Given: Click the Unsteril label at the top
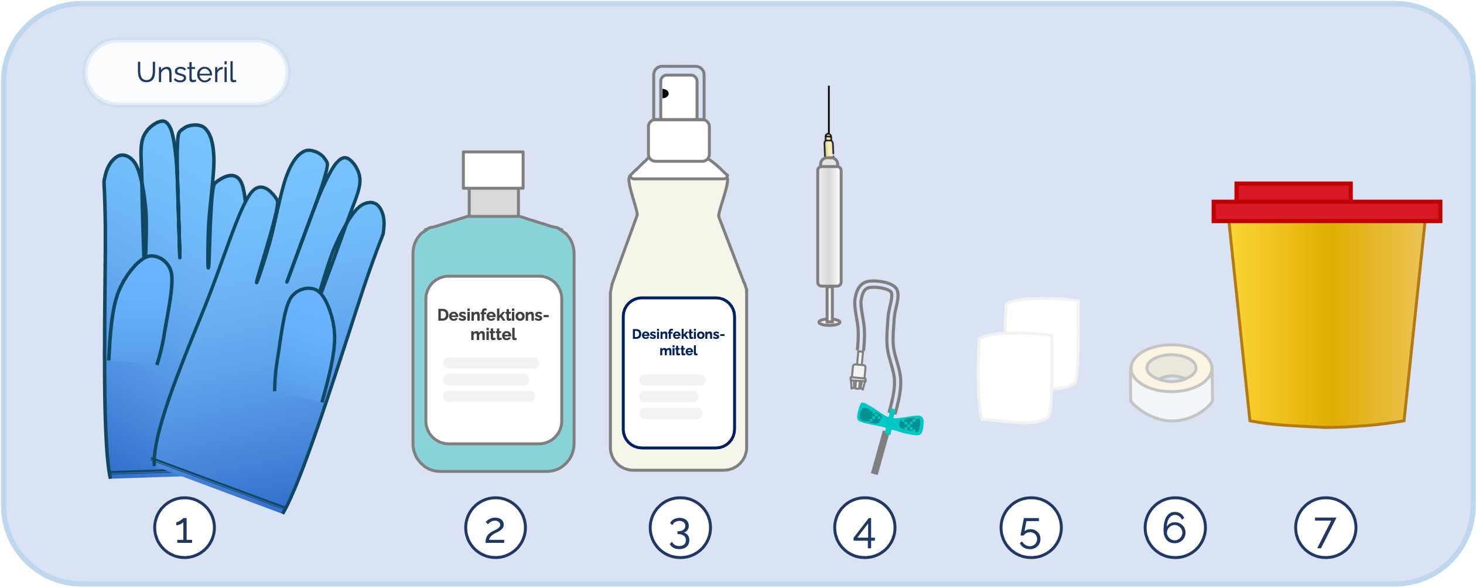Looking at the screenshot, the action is click(186, 73).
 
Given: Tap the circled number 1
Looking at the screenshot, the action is click(184, 528).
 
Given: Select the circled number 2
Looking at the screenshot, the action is click(496, 528).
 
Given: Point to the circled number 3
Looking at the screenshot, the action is click(680, 528).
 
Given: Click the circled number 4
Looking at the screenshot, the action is click(865, 528).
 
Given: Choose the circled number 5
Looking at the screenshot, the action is click(1031, 528).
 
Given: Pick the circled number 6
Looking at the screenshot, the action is click(1175, 528).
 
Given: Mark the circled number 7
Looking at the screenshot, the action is click(1325, 528).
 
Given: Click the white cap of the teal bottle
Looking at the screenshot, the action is click(493, 170).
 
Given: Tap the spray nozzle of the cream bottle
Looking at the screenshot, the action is click(679, 94).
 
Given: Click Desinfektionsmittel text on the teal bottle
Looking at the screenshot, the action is click(493, 324).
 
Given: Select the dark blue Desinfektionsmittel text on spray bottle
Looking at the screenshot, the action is click(678, 342).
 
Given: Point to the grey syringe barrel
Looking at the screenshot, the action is click(829, 226).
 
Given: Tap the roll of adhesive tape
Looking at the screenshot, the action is click(1171, 382).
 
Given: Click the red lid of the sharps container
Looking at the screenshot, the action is click(1327, 203).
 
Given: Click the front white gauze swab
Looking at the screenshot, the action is click(1015, 378).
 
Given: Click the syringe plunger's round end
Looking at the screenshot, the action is click(829, 322).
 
